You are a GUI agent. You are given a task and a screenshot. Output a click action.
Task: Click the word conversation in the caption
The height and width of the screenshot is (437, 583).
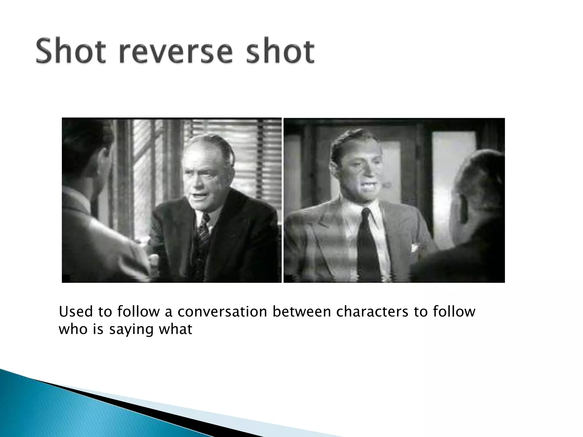click(x=222, y=312)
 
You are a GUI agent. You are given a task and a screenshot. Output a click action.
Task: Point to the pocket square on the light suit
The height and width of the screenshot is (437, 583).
click(x=414, y=247)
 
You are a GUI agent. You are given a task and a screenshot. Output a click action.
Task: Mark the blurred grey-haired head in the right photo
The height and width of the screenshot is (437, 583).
click(x=481, y=182)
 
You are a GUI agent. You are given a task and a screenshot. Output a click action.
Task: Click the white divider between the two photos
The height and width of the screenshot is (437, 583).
click(x=282, y=199)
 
